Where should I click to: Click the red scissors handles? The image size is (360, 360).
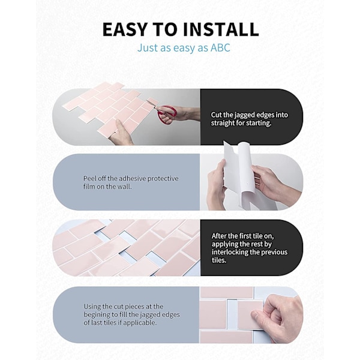[167, 113]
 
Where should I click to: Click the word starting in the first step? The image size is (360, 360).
[259, 123]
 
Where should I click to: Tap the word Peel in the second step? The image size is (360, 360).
[89, 178]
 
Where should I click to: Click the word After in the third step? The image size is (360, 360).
[218, 236]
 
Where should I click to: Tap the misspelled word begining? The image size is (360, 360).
[96, 315]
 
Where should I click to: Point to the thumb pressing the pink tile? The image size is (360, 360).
[260, 315]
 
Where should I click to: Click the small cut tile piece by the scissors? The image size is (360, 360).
[152, 101]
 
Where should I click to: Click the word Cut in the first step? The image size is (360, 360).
[216, 115]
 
